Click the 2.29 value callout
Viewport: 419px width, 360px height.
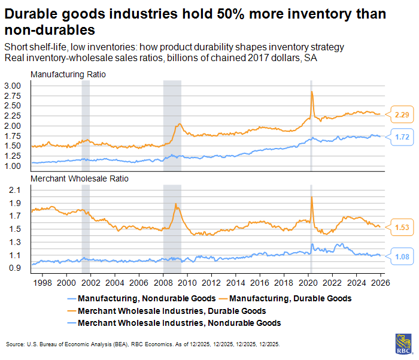point(401,114)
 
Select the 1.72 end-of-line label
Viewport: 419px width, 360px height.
point(401,137)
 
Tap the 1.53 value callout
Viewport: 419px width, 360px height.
point(401,226)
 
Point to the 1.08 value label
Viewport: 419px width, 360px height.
point(401,256)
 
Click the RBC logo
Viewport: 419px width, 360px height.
point(403,343)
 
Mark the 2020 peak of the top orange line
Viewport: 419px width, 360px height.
point(312,91)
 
